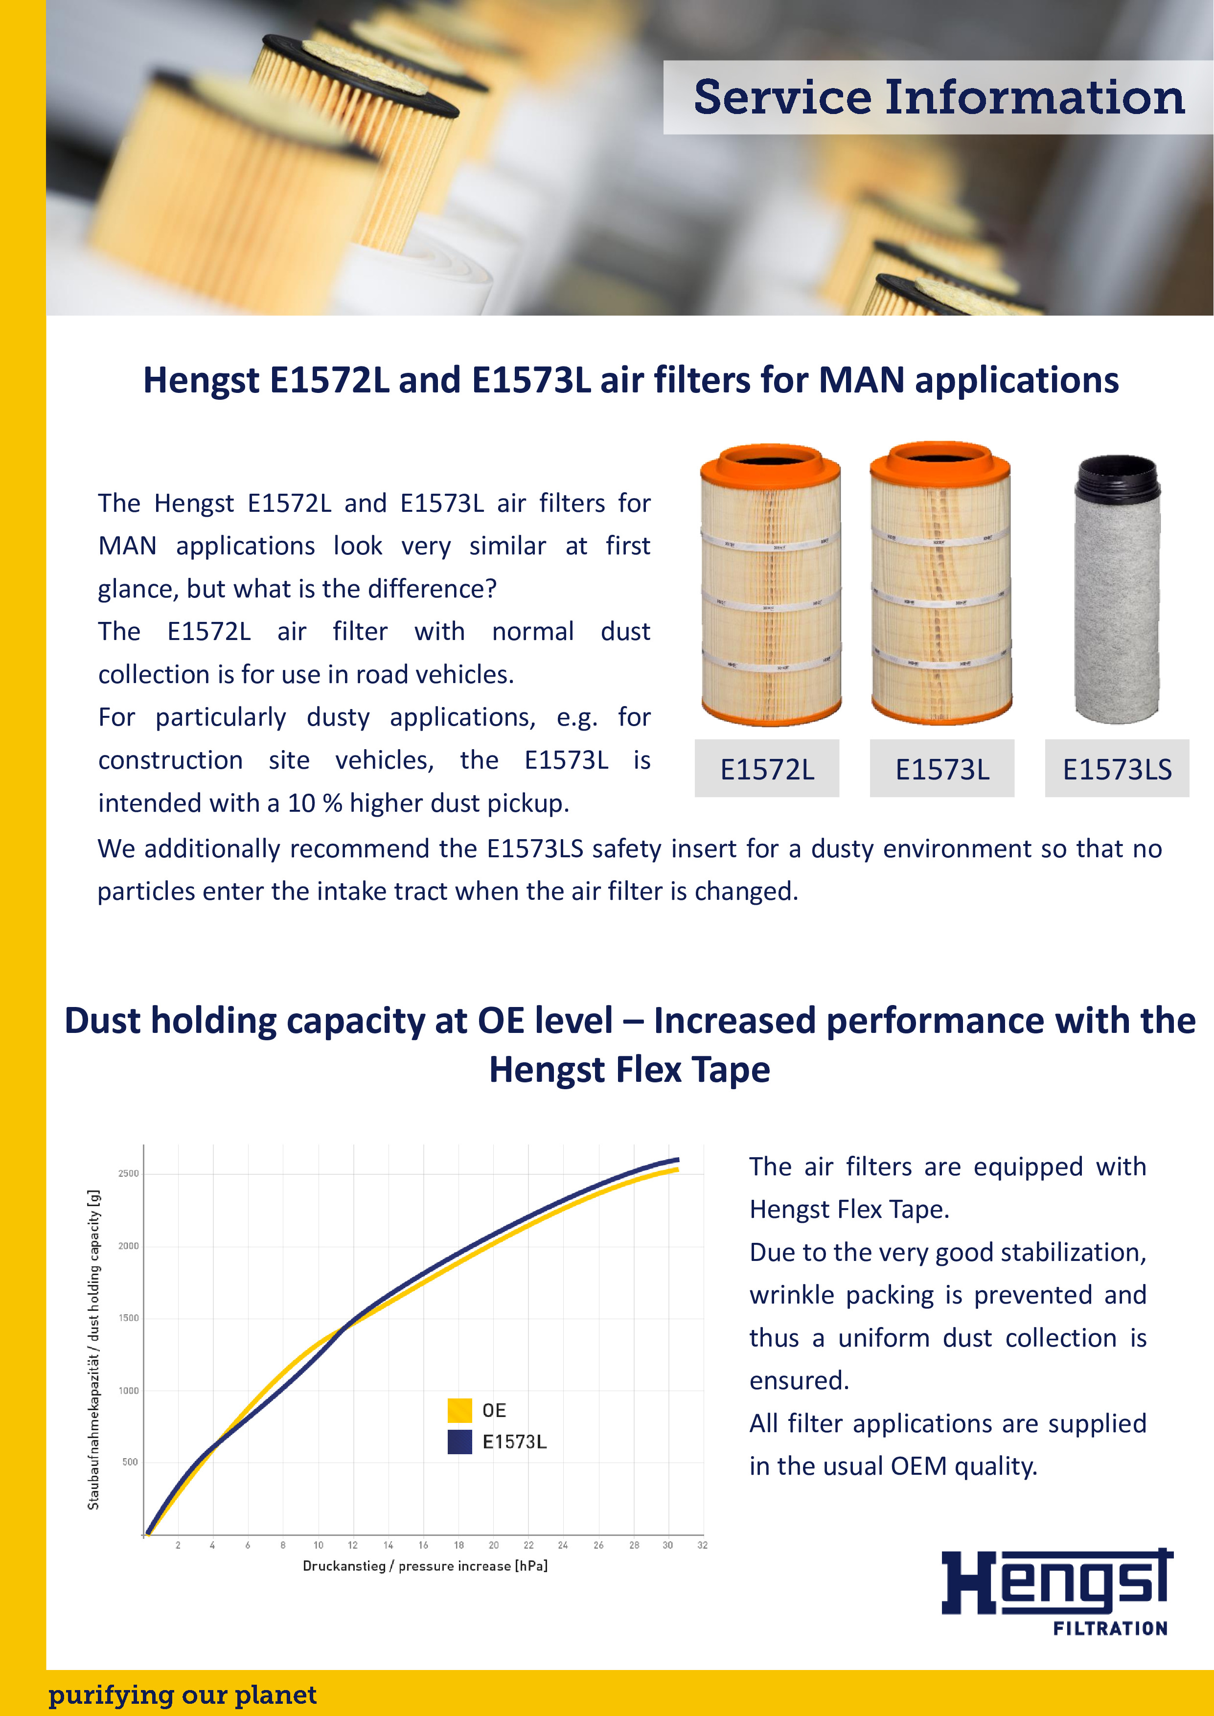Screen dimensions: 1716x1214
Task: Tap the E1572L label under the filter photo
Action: [767, 769]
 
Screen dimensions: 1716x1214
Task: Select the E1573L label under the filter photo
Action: [942, 769]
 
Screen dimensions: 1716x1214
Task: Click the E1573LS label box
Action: [1117, 769]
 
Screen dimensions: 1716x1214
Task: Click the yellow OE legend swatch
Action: [460, 1410]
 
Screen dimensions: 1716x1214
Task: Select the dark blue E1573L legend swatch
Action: [460, 1441]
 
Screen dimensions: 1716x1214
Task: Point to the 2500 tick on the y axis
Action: [129, 1173]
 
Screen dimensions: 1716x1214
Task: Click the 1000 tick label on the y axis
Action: [129, 1390]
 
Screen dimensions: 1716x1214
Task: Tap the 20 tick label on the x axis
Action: [493, 1545]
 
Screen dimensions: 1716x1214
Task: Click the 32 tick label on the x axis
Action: [702, 1545]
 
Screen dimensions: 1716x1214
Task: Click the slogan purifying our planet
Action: [183, 1694]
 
